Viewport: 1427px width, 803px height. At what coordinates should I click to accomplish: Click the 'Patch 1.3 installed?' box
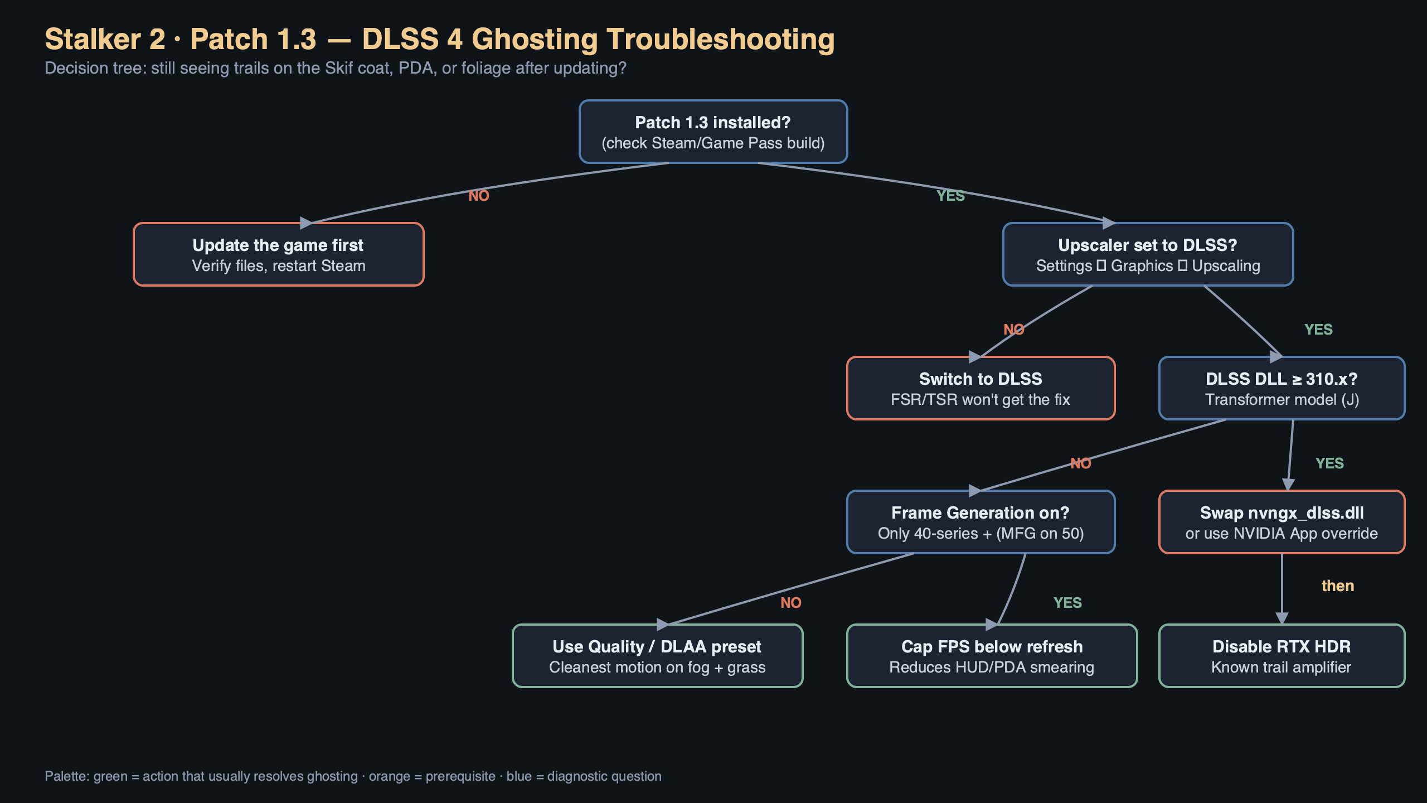[713, 132]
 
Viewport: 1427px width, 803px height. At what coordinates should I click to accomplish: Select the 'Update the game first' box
[278, 254]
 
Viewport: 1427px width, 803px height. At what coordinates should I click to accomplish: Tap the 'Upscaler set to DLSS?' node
[1148, 254]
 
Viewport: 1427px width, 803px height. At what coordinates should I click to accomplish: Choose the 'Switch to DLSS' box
[981, 388]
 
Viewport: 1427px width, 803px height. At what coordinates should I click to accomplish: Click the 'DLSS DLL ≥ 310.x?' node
[1282, 388]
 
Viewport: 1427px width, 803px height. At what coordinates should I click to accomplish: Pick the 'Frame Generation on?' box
[981, 522]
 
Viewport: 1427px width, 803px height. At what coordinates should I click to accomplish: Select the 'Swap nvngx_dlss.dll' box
[1282, 522]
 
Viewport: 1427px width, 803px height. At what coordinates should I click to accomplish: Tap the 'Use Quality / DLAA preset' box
[657, 656]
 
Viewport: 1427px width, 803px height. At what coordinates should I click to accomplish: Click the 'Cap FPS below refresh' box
[992, 656]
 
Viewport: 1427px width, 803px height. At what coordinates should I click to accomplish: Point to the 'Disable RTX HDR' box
[1282, 656]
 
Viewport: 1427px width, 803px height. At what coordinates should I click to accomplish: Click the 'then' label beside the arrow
[1337, 586]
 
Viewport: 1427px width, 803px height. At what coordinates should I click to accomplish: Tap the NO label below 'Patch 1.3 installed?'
[478, 196]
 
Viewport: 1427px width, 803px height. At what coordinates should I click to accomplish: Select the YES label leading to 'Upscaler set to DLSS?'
[950, 196]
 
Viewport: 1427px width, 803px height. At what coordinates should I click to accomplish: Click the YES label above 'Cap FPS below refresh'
[1067, 603]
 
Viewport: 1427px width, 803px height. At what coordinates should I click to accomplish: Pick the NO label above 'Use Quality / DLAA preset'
[790, 603]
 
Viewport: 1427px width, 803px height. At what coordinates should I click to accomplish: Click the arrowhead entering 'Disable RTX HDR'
[1282, 618]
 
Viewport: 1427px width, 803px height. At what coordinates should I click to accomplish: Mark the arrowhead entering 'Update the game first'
[306, 223]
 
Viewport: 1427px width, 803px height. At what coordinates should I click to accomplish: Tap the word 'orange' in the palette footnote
[389, 776]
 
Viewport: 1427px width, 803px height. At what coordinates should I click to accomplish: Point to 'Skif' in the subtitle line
[338, 68]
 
